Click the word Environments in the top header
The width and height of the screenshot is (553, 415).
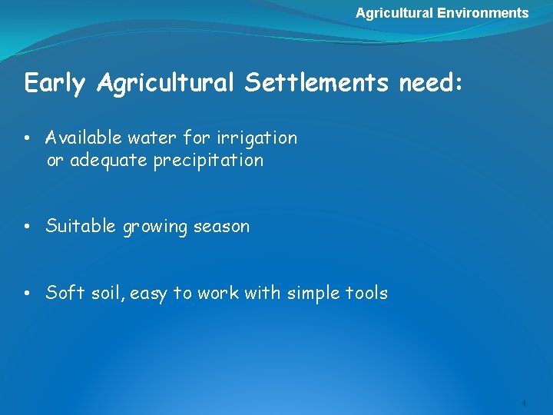(x=483, y=13)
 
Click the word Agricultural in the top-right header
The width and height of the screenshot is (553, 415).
(x=395, y=13)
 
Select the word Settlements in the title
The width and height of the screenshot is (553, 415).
(x=317, y=83)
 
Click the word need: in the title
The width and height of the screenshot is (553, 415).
(x=431, y=83)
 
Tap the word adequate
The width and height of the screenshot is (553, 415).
(x=106, y=161)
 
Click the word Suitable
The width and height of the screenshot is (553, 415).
(x=81, y=227)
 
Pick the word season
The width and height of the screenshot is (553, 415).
(x=221, y=227)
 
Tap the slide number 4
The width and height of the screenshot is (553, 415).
(x=523, y=403)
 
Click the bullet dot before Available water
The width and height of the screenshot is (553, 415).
(x=27, y=139)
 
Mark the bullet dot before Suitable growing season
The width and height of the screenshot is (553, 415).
(x=27, y=227)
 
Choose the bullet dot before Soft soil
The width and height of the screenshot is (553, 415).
(x=27, y=294)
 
